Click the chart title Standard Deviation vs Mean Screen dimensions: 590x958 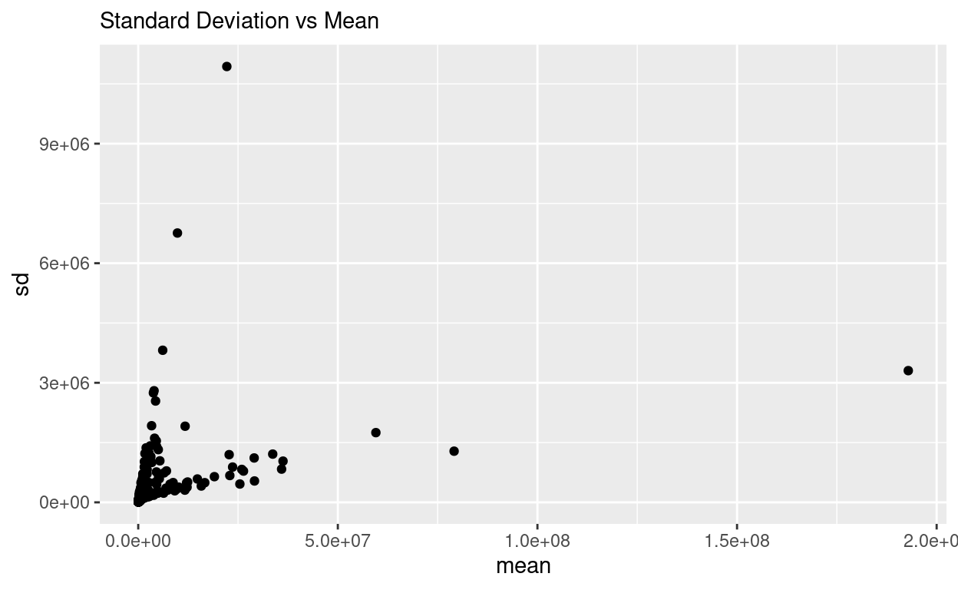pos(240,21)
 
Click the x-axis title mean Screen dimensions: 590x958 pos(524,566)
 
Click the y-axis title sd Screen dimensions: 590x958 pos(22,284)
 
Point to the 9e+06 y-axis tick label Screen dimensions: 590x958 pos(64,144)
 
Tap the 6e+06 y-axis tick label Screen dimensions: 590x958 pos(64,263)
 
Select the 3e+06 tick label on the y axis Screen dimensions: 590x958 pos(64,383)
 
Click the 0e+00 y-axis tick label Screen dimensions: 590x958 pos(64,502)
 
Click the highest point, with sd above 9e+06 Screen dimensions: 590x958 pos(226,66)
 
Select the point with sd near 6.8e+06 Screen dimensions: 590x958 pos(177,233)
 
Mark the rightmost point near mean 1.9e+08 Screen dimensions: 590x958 pos(908,370)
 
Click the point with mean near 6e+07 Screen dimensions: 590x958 pos(375,433)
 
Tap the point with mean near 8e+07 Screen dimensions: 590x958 pos(454,451)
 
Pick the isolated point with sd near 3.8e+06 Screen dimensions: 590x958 pos(163,350)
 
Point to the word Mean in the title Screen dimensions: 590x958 pos(355,21)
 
